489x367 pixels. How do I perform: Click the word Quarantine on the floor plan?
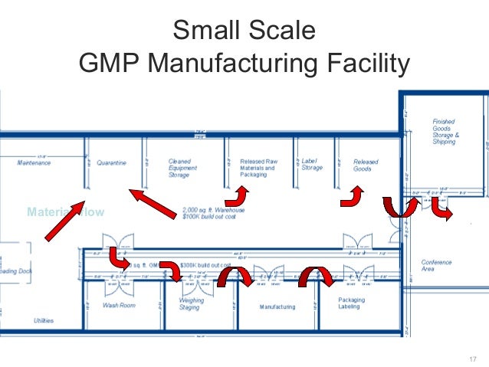pyautogui.click(x=111, y=163)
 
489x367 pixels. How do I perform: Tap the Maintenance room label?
pyautogui.click(x=34, y=163)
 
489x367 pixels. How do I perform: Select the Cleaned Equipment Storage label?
pyautogui.click(x=183, y=168)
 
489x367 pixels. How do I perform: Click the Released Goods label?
pyautogui.click(x=366, y=165)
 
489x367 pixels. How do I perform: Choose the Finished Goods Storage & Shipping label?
pyautogui.click(x=445, y=131)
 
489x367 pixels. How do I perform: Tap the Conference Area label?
pyautogui.click(x=437, y=266)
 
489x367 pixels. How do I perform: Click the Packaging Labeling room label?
pyautogui.click(x=352, y=303)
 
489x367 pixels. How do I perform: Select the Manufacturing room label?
pyautogui.click(x=277, y=307)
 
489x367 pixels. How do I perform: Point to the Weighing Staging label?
pyautogui.click(x=191, y=304)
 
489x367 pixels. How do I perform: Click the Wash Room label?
pyautogui.click(x=119, y=306)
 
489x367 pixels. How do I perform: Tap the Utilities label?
pyautogui.click(x=44, y=320)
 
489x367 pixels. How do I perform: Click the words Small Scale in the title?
pyautogui.click(x=244, y=31)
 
